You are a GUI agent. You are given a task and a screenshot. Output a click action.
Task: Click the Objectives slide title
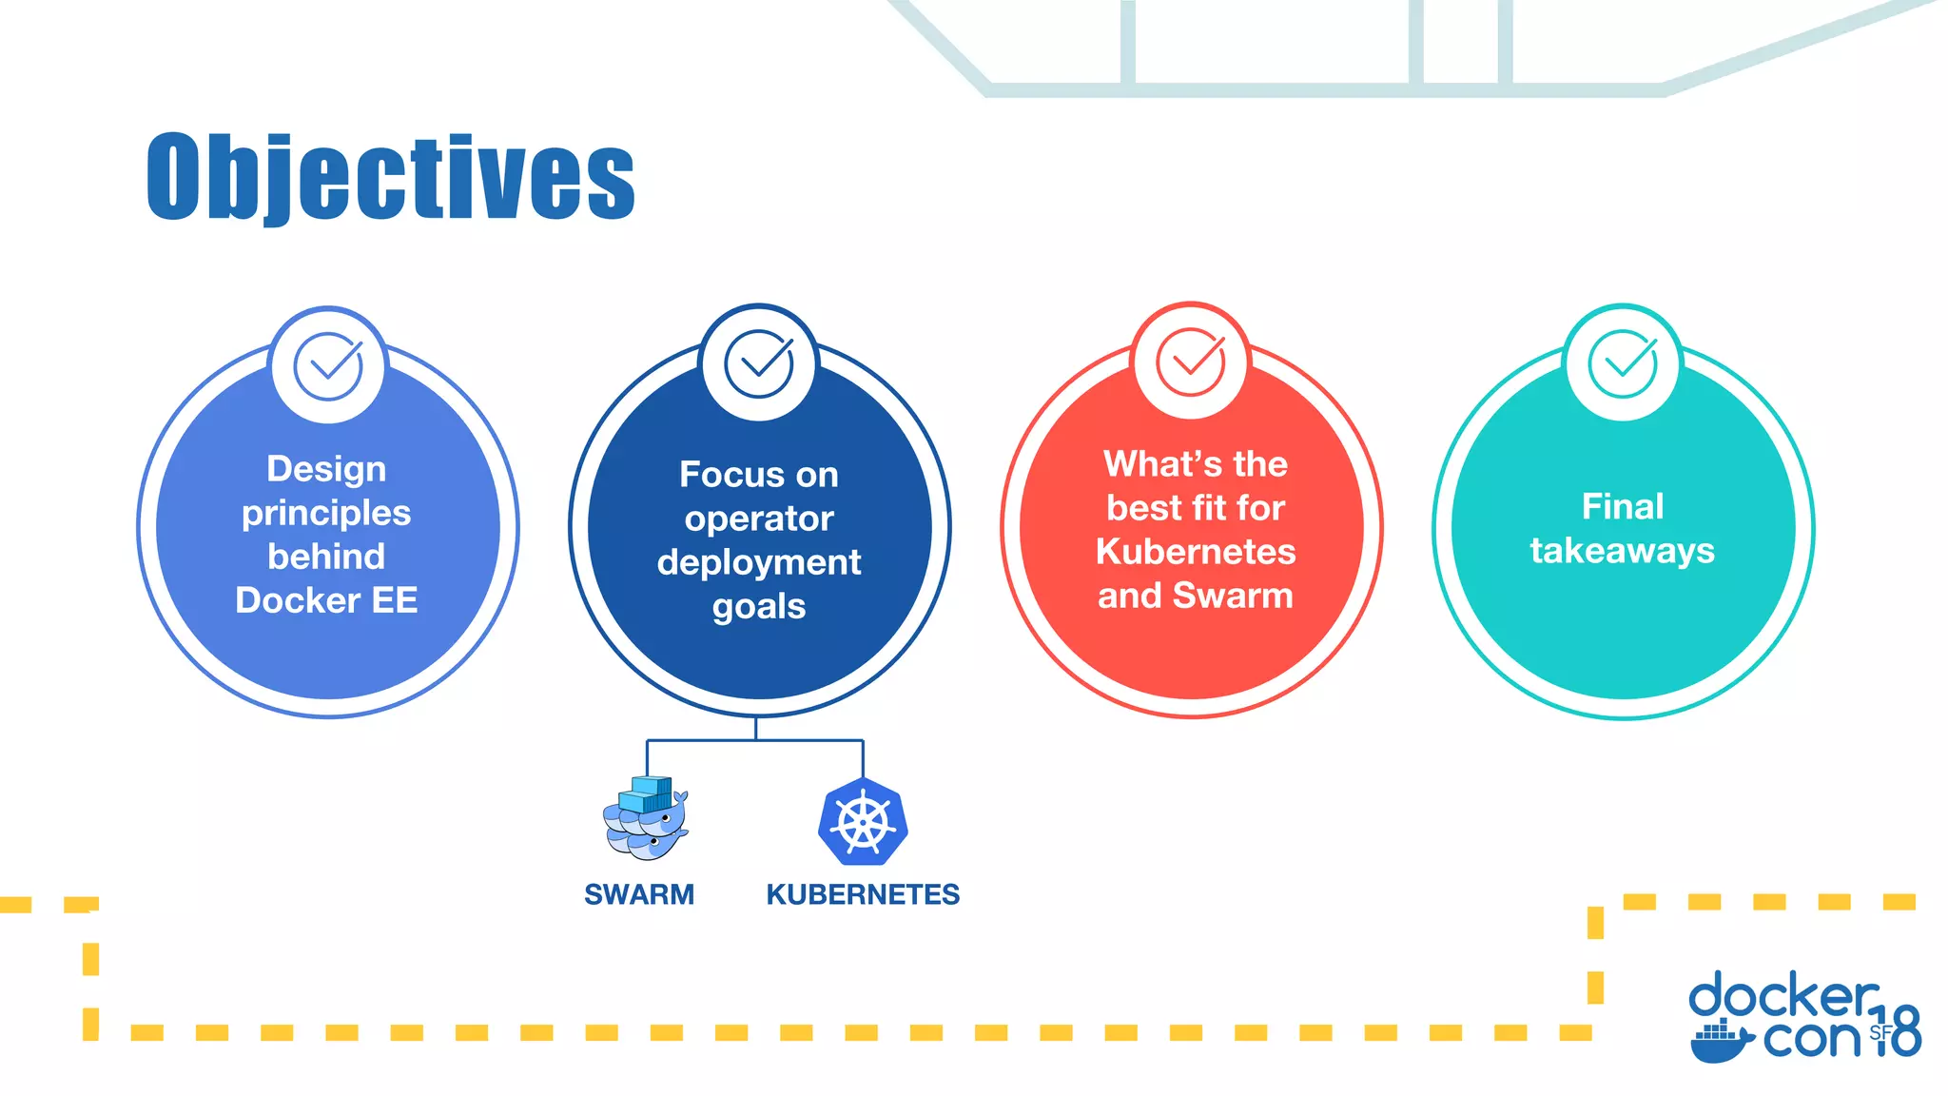click(390, 178)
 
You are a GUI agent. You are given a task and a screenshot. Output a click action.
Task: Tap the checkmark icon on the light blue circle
click(328, 366)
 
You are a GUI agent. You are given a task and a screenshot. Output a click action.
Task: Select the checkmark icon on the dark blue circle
click(759, 363)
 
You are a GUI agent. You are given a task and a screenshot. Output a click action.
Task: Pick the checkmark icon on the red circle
click(1190, 362)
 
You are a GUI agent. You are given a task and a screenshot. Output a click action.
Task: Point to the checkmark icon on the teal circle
click(1623, 363)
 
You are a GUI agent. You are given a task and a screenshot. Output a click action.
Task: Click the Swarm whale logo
click(646, 819)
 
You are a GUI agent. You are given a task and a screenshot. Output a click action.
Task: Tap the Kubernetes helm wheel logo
click(863, 822)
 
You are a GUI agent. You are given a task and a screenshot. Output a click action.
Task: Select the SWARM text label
click(639, 894)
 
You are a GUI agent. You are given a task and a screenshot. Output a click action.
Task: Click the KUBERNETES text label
click(863, 894)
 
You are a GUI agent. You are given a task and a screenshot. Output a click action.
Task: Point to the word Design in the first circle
click(326, 469)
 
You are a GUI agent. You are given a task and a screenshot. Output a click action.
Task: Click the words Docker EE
click(326, 600)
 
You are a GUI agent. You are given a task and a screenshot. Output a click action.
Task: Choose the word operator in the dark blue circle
click(759, 519)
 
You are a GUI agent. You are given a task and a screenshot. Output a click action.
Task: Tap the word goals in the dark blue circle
click(759, 606)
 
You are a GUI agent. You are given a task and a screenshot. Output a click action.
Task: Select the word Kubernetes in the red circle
click(1196, 552)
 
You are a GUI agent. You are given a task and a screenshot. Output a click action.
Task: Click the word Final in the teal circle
click(1623, 506)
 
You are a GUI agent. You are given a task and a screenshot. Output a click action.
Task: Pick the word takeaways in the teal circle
click(1623, 551)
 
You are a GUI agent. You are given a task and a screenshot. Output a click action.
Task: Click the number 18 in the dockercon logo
click(1897, 1031)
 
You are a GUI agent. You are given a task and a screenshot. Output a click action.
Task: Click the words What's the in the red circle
click(1196, 464)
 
